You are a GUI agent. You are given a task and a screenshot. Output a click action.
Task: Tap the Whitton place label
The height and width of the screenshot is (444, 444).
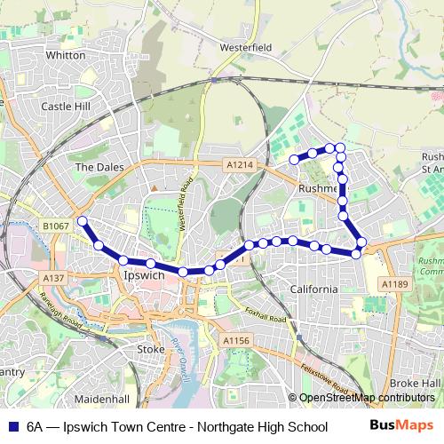click(x=65, y=55)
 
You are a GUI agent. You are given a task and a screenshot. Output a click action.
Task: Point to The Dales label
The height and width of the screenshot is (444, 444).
click(x=96, y=166)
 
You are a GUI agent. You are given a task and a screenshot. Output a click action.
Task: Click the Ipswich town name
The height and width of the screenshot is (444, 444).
click(x=141, y=275)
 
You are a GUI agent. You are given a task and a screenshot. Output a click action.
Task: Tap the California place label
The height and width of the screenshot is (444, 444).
click(x=313, y=289)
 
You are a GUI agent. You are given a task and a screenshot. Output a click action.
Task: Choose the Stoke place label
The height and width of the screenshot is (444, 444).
click(x=151, y=349)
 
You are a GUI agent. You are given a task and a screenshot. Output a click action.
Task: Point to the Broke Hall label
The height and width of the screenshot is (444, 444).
click(x=419, y=382)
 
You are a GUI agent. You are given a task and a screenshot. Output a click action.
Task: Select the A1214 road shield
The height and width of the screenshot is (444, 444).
click(x=238, y=164)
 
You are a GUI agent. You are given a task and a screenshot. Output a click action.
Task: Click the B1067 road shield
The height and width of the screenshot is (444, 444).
click(x=55, y=227)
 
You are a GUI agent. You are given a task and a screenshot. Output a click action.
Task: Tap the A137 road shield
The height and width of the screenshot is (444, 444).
click(x=53, y=278)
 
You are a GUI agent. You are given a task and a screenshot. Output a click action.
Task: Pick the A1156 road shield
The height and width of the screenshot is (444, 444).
click(x=236, y=340)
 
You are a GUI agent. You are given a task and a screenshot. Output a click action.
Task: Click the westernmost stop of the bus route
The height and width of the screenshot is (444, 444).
click(x=82, y=221)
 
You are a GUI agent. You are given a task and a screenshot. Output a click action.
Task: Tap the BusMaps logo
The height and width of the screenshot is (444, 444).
click(x=407, y=425)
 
